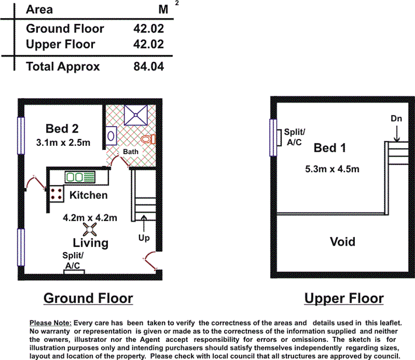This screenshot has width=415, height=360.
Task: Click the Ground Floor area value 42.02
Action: click(x=148, y=28)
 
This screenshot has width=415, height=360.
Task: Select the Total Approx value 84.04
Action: click(x=148, y=67)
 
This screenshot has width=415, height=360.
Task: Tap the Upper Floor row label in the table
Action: click(x=60, y=44)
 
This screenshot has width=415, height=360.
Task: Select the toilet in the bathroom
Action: click(x=149, y=139)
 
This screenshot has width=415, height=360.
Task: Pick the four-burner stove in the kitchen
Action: click(x=56, y=194)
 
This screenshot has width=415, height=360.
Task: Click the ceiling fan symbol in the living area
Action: click(x=90, y=229)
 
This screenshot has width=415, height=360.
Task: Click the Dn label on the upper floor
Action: click(x=396, y=118)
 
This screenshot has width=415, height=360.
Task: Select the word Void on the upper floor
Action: click(x=343, y=242)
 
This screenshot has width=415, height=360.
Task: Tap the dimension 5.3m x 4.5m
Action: click(x=332, y=169)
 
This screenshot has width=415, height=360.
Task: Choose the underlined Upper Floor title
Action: click(x=344, y=299)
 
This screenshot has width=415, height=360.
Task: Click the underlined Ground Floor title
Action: click(x=88, y=299)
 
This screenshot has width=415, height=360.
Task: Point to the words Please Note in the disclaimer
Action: click(x=50, y=323)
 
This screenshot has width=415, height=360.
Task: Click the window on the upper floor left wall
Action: click(x=273, y=137)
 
